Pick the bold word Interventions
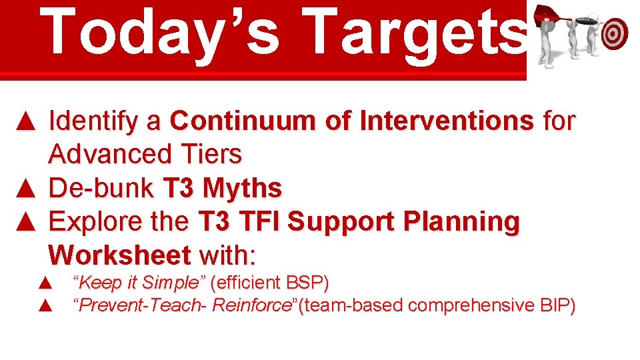(x=446, y=121)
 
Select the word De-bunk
(x=102, y=188)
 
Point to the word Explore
(x=98, y=221)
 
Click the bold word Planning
(x=463, y=221)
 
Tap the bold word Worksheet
(x=120, y=255)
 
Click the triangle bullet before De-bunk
(x=25, y=188)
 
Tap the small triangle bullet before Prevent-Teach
(x=45, y=305)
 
